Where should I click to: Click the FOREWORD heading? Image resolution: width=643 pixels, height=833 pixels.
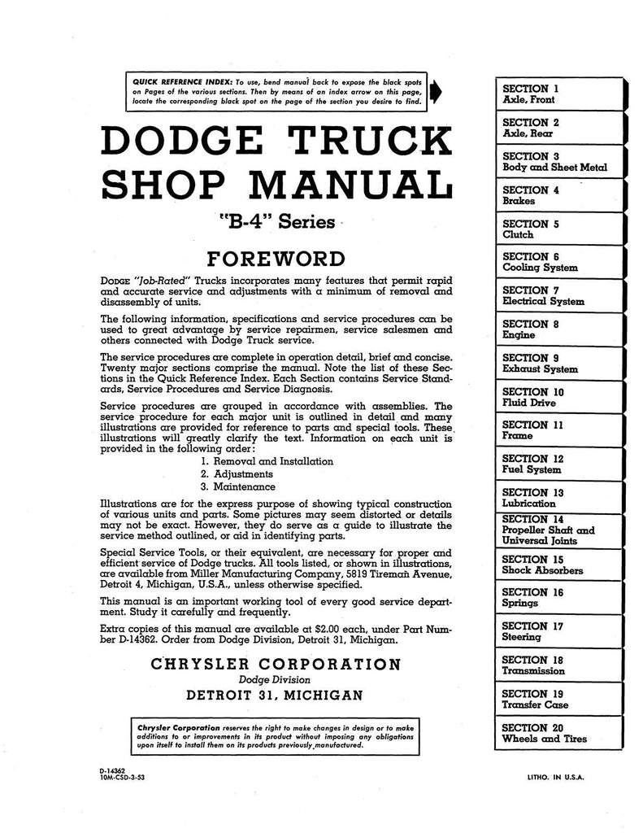tap(276, 259)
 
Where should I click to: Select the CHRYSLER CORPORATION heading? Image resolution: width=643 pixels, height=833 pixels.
tap(276, 665)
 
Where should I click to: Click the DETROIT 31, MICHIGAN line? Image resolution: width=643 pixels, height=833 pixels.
tap(276, 696)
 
